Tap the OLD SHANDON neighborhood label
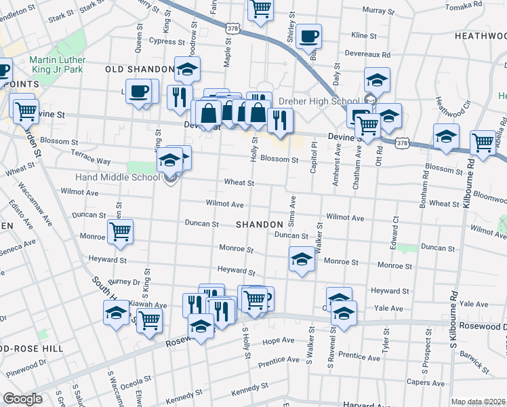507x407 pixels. (x=140, y=70)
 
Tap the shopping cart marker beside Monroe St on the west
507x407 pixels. (x=120, y=232)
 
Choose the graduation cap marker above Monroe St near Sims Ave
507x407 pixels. (x=302, y=259)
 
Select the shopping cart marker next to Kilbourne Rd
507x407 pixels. (x=483, y=142)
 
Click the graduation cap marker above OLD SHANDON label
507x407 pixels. (x=187, y=69)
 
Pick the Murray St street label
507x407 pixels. (x=378, y=11)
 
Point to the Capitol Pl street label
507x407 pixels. (x=313, y=157)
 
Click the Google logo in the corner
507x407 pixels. (x=22, y=399)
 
